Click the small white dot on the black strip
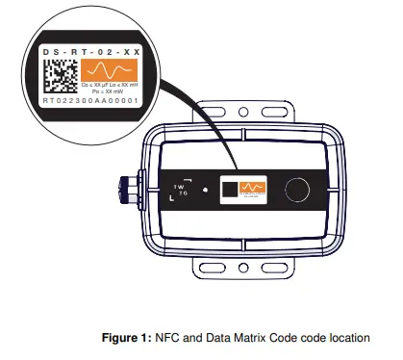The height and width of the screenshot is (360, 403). pos(190,179)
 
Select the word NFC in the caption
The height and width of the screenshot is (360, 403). pos(164,338)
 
